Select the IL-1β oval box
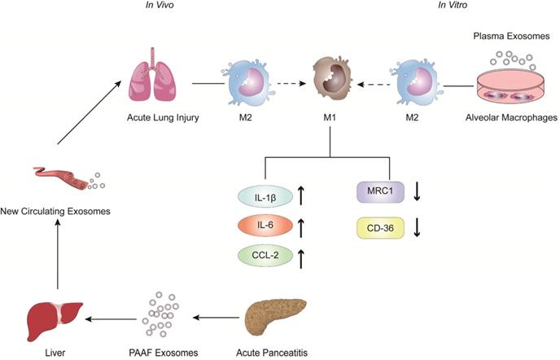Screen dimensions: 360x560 pyautogui.click(x=258, y=195)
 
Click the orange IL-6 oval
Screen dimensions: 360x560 pyautogui.click(x=258, y=224)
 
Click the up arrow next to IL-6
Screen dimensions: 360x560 pyautogui.click(x=301, y=224)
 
